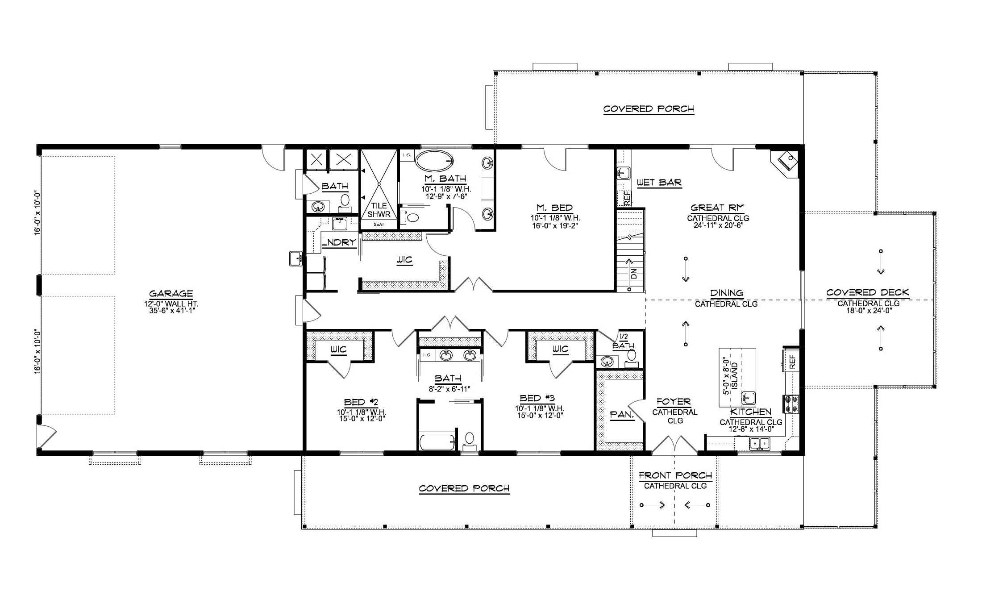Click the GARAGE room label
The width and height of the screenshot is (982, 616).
[171, 293]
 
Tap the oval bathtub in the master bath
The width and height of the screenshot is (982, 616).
[434, 161]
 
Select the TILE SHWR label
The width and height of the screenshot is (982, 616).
[379, 210]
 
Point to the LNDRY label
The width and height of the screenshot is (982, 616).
[339, 242]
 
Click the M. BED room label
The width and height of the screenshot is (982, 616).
[555, 208]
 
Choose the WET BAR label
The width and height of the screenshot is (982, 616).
[659, 182]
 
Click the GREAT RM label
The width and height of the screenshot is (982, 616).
[717, 208]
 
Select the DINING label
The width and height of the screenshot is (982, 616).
[727, 293]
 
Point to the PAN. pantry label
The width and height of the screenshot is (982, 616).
[622, 415]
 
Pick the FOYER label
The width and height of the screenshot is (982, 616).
[674, 402]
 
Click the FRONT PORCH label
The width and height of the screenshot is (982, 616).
[675, 475]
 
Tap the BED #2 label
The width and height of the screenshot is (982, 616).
[361, 402]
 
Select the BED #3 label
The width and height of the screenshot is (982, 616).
[537, 398]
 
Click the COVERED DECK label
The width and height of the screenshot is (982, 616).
[868, 293]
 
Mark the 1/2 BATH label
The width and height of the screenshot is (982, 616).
[624, 341]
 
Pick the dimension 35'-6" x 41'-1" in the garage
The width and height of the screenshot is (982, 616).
[173, 310]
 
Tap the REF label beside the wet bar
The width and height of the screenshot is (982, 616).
[627, 198]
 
